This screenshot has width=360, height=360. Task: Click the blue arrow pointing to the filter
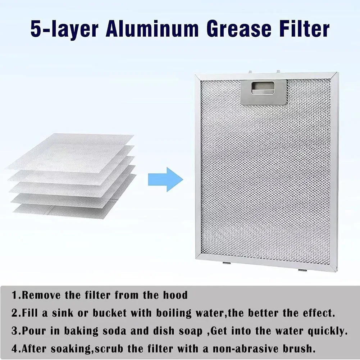click(x=165, y=179)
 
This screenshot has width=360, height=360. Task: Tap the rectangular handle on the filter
click(x=263, y=92)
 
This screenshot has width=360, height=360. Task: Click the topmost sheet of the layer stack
click(x=72, y=147)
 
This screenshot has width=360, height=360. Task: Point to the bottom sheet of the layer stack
click(x=72, y=210)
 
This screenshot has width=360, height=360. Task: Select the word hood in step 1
click(x=175, y=296)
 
